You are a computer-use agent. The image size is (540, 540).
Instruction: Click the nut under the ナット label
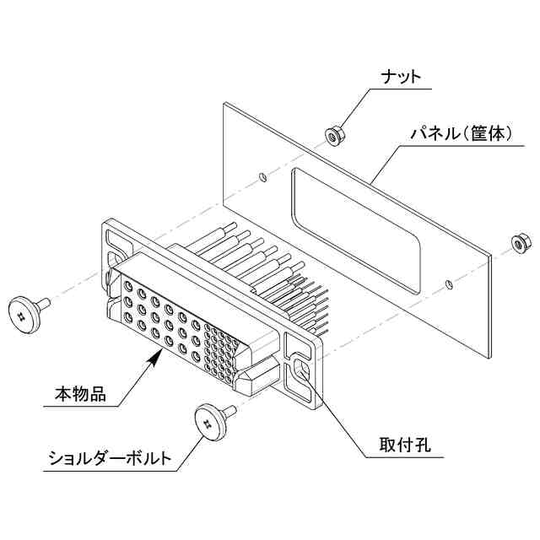pyautogui.click(x=333, y=133)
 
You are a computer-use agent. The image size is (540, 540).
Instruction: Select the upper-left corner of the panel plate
pyautogui.click(x=224, y=104)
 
